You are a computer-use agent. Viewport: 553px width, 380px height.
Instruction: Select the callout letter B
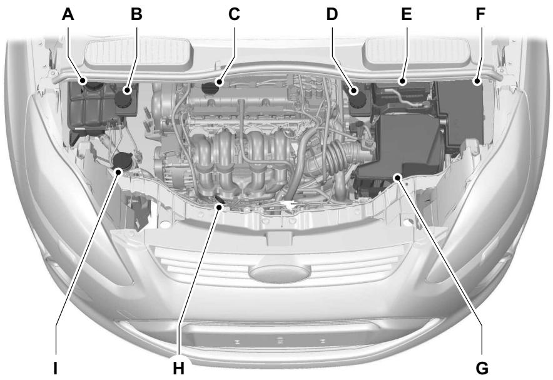[136, 14]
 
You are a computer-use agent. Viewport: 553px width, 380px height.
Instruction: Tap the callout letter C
[234, 14]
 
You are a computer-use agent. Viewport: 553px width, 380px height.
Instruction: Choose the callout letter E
[407, 14]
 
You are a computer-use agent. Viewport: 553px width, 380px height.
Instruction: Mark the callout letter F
[480, 14]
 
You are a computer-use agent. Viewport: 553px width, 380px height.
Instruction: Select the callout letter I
[56, 367]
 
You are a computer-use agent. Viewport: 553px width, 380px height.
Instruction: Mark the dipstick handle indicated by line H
[218, 200]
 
